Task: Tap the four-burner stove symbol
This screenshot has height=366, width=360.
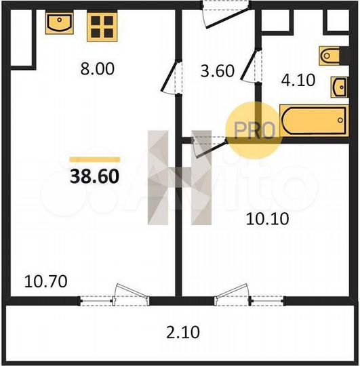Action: point(102,24)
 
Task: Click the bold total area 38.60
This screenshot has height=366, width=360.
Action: point(95,176)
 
